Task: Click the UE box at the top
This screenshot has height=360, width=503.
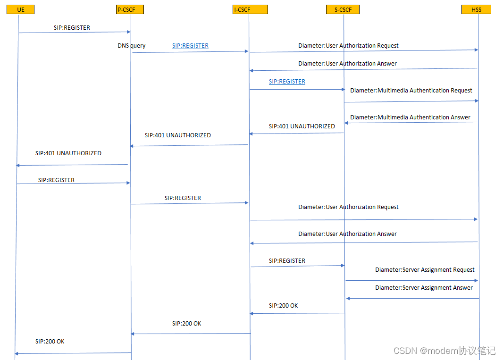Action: coord(20,9)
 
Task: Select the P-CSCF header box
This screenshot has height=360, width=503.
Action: coord(129,9)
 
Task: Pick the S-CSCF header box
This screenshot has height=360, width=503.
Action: coord(343,9)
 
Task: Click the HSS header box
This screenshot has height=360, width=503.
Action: coord(477,9)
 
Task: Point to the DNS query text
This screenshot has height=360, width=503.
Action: coord(132,46)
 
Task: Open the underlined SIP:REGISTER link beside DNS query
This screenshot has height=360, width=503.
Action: coord(190,46)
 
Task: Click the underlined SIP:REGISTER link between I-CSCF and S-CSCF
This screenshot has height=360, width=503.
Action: coord(287,82)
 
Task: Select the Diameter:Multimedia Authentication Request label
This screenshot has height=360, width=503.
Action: coord(411,90)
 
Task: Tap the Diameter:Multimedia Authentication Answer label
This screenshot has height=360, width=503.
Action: coord(410,117)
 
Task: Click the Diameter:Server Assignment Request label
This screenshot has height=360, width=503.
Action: coord(425,270)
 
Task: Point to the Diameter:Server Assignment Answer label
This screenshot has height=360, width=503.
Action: coord(424,288)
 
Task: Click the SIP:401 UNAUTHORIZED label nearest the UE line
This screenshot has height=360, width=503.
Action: coord(68,153)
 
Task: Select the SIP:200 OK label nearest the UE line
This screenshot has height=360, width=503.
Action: coord(50,341)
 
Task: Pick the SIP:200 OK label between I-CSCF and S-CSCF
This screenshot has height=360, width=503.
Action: coord(283,306)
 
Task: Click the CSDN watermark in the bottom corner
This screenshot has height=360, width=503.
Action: coord(444,351)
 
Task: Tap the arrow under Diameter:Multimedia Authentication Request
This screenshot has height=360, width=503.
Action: coord(411,101)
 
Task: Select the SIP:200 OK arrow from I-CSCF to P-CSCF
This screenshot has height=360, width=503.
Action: coord(191,334)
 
